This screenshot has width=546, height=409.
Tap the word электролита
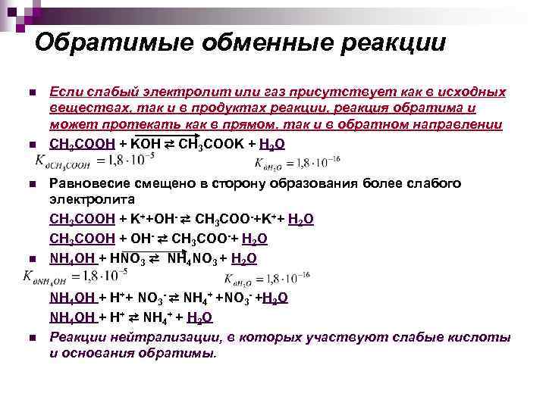pos(92,201)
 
